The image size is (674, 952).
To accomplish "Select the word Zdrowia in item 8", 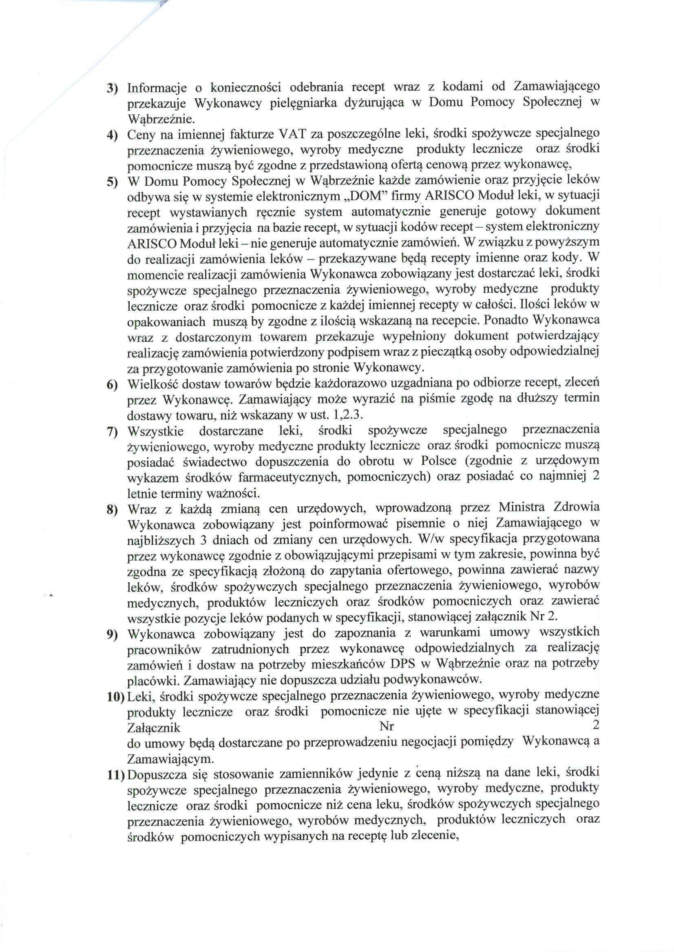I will click(x=578, y=508).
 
